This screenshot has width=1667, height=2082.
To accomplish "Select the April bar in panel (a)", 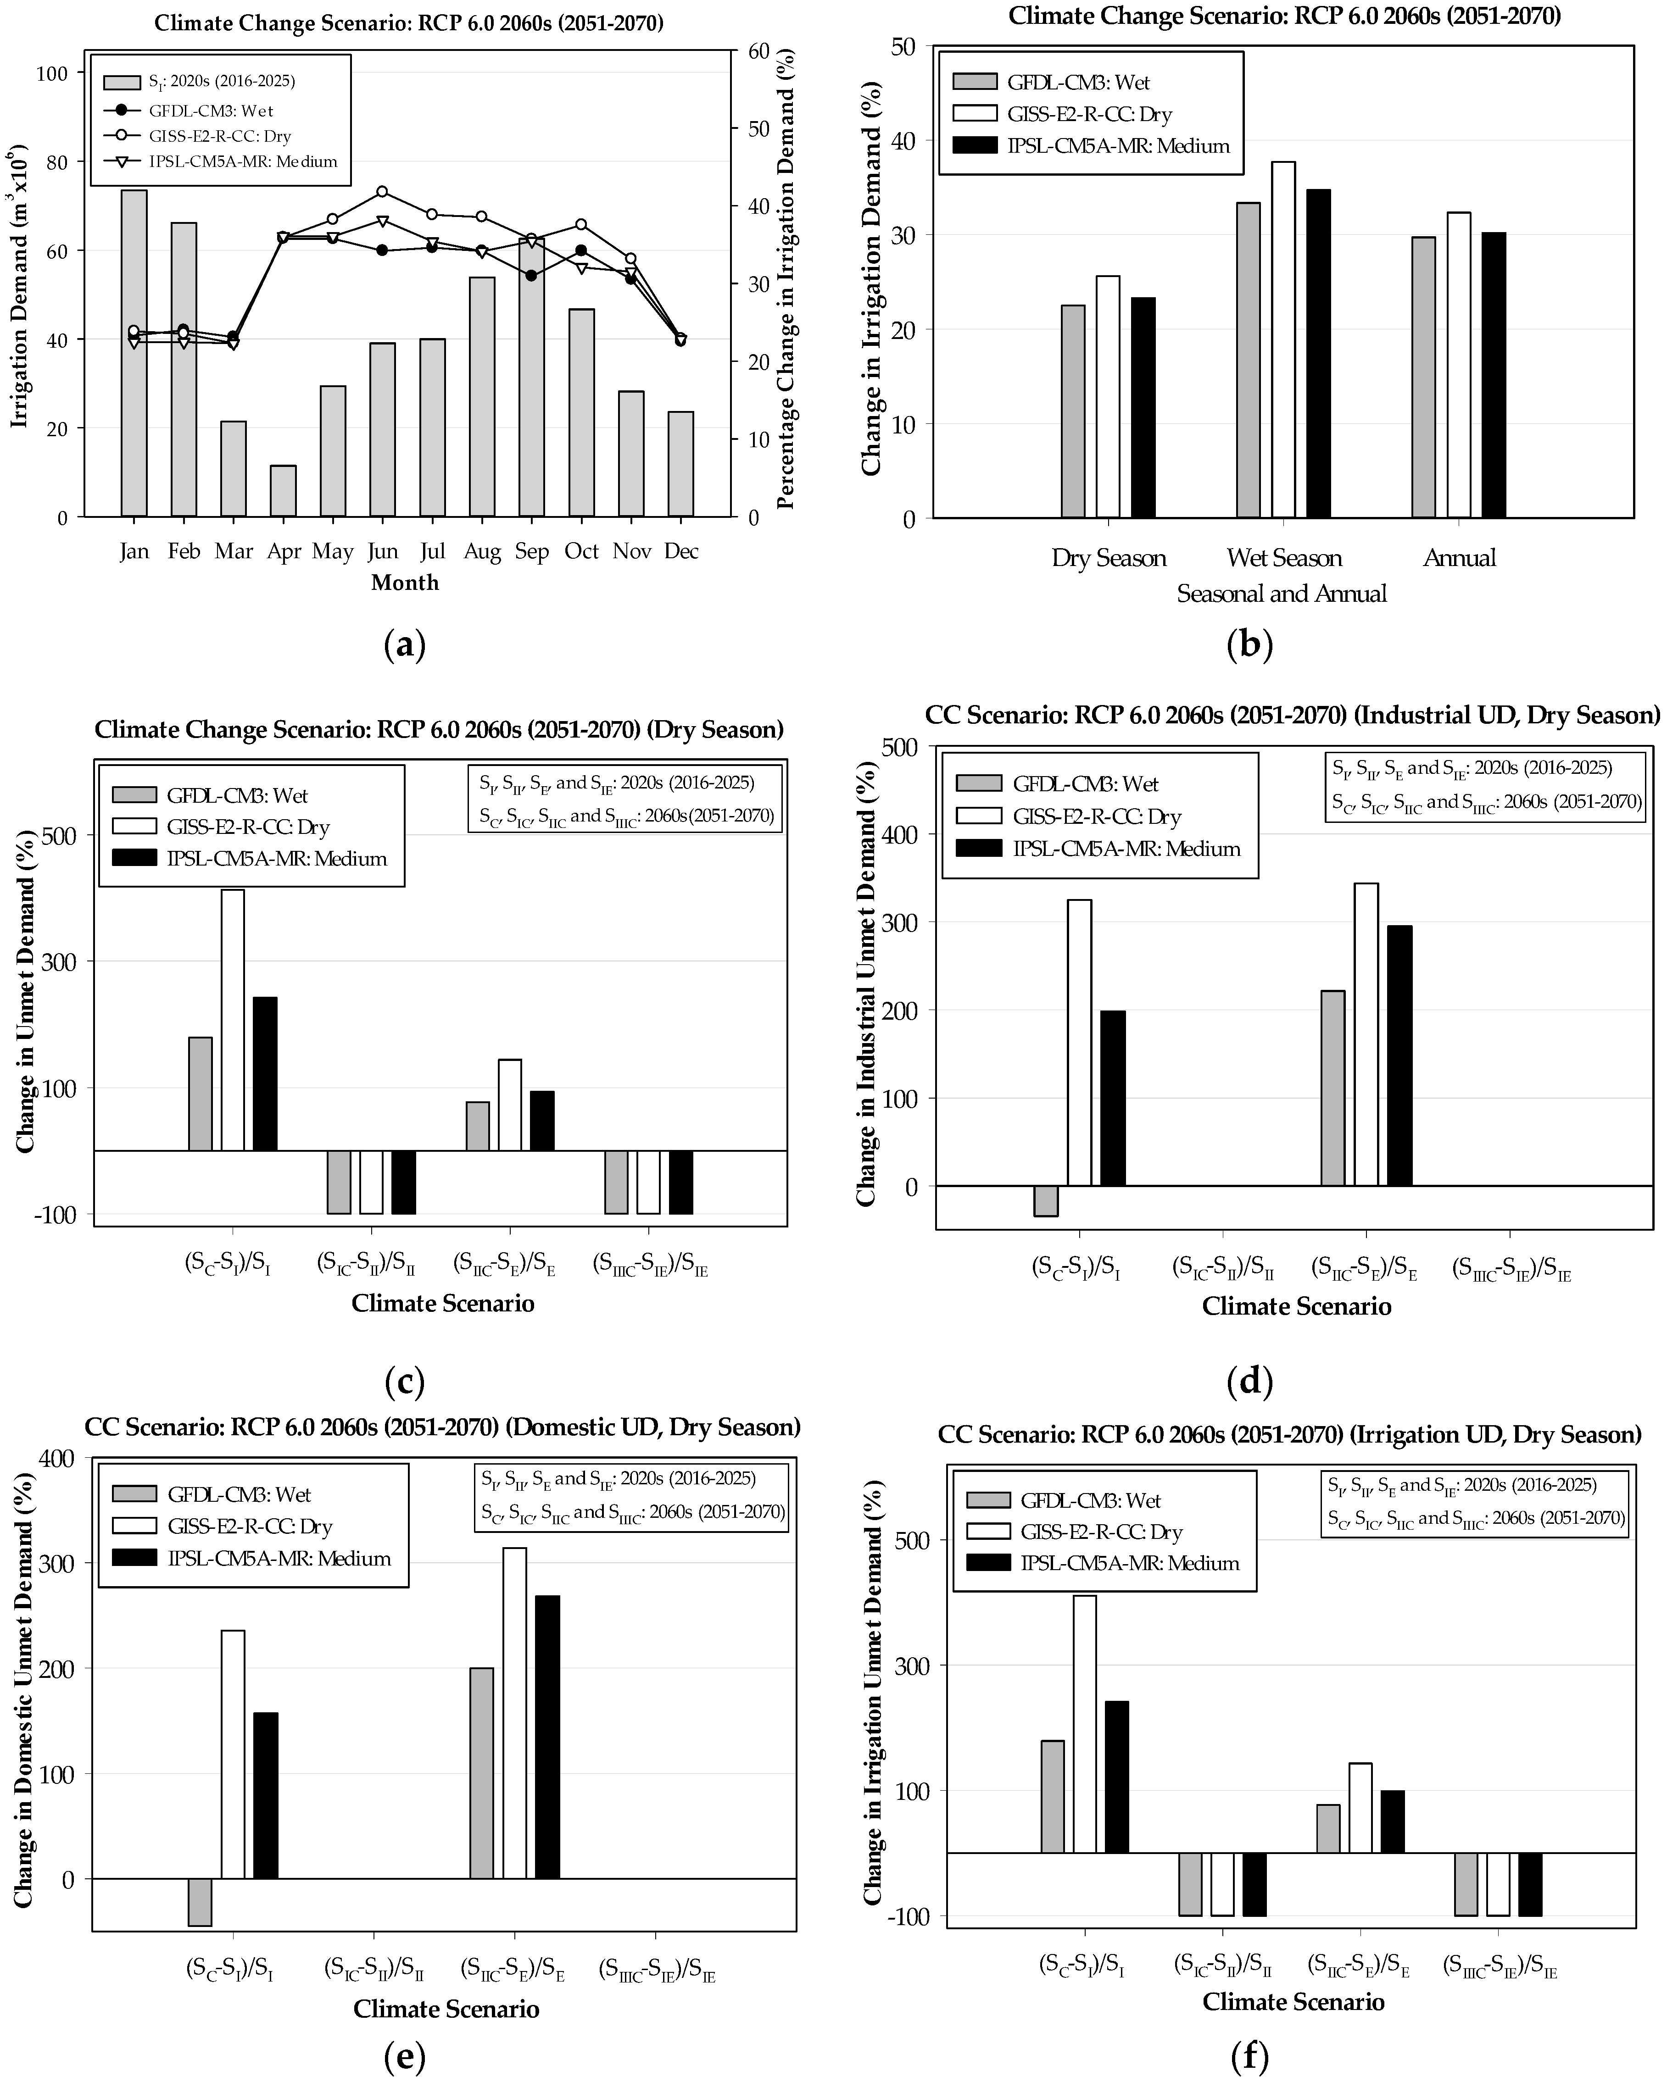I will coord(283,490).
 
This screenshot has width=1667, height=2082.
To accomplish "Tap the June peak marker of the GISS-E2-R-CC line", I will coord(383,191).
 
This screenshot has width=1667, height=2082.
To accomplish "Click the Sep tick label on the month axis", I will coord(531,551).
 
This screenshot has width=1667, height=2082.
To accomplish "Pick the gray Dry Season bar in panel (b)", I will coord(1073,411).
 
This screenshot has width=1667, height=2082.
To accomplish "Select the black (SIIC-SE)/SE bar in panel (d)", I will coord(1399,1055).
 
